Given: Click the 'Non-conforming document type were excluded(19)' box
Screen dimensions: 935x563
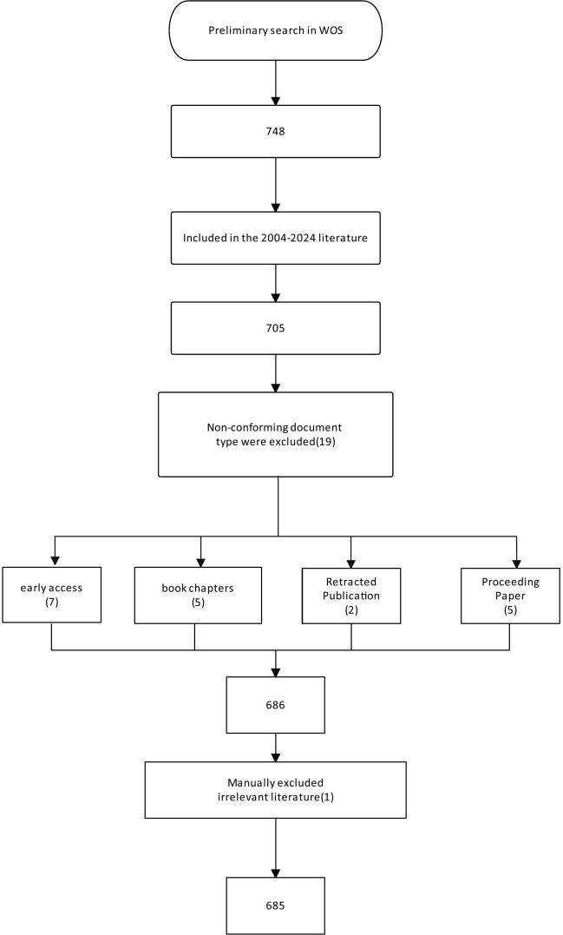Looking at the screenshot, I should (x=275, y=433).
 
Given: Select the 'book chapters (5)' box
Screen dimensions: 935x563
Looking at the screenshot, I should (x=198, y=595).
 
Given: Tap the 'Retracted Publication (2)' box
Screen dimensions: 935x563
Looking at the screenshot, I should (x=350, y=596).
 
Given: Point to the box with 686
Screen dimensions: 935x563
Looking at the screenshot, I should (x=275, y=705).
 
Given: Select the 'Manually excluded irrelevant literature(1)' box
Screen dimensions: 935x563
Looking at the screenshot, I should (x=275, y=789).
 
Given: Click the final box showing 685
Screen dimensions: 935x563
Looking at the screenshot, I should (x=275, y=905).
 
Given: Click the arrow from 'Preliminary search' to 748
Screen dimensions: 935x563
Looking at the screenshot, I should (x=275, y=83).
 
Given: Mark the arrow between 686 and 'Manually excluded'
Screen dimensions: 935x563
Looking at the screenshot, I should (x=275, y=747).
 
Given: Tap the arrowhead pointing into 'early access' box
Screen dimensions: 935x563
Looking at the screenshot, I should (x=54, y=562).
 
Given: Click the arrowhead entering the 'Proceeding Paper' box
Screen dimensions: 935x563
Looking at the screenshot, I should (x=516, y=562).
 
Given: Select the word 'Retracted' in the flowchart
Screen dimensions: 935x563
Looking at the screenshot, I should (x=351, y=583).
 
